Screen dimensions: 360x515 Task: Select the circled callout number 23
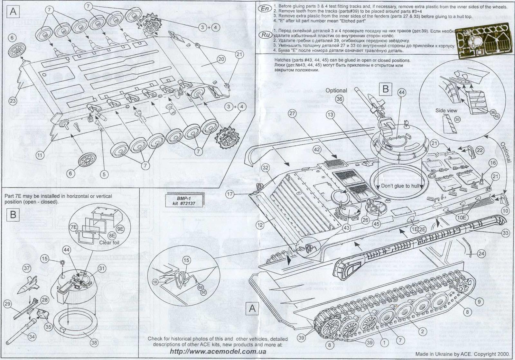(x=12, y=101)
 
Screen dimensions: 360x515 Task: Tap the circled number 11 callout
(x=40, y=155)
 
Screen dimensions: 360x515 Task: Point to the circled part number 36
(x=339, y=99)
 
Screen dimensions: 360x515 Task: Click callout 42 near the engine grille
(x=317, y=150)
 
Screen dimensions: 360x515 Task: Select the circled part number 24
(x=481, y=254)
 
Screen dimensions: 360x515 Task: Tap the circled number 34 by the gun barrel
(x=32, y=337)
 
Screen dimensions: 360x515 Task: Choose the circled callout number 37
(x=26, y=268)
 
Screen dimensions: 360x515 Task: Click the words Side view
(x=446, y=111)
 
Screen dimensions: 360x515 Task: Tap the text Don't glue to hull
(x=400, y=186)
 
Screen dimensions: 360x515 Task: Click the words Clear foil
(x=109, y=242)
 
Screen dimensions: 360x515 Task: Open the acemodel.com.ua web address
(x=218, y=352)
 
